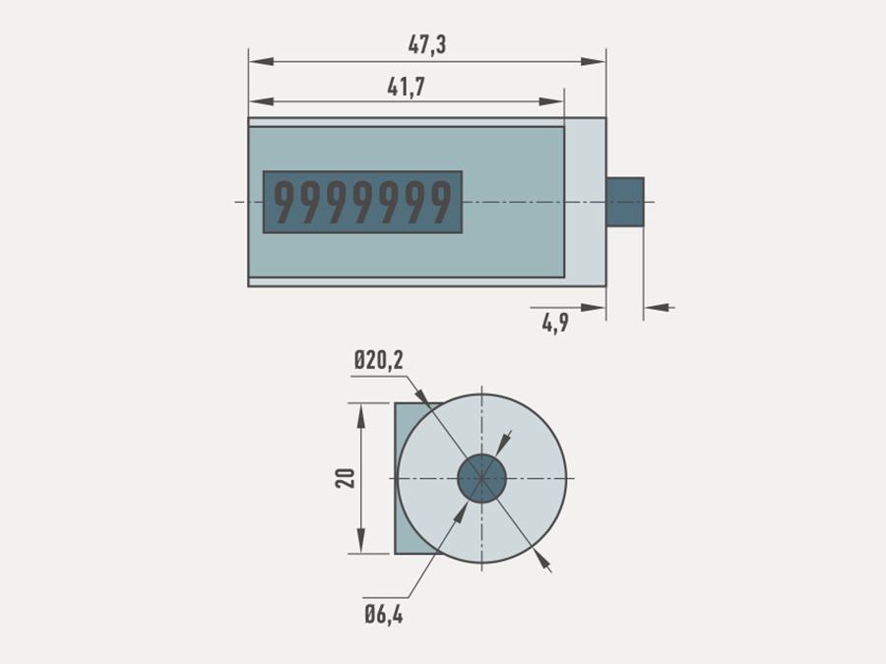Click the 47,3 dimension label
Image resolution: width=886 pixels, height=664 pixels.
coord(427,44)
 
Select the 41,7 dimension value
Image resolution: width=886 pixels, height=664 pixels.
coord(407,87)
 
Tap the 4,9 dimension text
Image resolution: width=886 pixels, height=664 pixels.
coord(555,323)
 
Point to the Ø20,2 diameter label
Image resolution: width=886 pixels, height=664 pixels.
coord(379,360)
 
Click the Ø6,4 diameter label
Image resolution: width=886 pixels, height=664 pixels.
coord(384,614)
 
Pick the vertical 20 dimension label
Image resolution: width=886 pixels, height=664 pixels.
coord(346,478)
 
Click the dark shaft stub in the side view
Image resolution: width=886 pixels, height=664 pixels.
coord(625,202)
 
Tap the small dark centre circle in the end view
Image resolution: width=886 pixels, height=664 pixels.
coord(481,478)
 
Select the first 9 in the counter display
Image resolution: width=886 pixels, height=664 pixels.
coord(285,202)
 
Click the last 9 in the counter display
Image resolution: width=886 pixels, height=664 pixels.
coord(441,202)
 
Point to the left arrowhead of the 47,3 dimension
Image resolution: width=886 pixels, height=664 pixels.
coord(262,62)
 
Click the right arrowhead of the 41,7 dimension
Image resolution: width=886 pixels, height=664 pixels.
coord(551,101)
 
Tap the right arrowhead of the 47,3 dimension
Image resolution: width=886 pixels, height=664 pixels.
coord(594,62)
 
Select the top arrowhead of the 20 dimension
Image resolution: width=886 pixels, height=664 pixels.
coord(361,415)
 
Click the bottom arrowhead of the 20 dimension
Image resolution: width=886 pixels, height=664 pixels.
coord(361,541)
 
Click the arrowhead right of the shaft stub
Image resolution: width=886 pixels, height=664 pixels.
coord(657,308)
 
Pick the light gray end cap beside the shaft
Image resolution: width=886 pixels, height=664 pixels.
coord(586,202)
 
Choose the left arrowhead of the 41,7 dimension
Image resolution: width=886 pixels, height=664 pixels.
coord(262,101)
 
